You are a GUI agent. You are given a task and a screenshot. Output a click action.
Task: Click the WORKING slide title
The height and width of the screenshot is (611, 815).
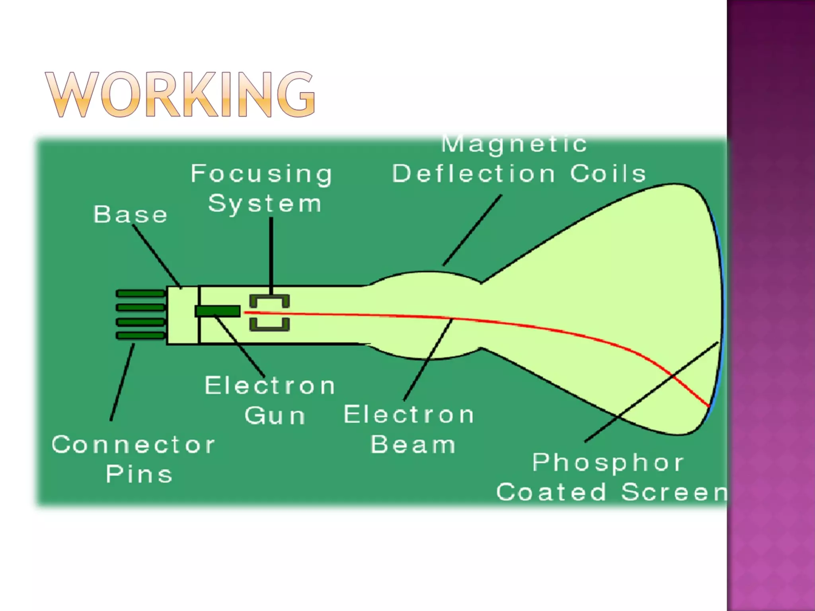point(180,95)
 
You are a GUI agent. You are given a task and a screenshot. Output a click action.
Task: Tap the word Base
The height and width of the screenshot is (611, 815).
point(130,215)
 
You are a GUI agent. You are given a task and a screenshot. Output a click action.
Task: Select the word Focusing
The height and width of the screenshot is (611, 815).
point(261,174)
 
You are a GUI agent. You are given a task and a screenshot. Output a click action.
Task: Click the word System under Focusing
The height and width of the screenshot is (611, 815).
point(265,204)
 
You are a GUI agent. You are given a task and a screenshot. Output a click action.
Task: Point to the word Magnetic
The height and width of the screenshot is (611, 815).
point(514,144)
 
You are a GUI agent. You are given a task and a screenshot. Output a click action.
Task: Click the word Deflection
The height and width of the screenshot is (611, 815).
point(474,174)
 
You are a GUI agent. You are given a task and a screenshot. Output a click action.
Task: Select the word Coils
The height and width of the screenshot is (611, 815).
point(608,174)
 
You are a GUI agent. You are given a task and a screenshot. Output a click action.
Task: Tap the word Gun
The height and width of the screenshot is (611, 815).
point(275,416)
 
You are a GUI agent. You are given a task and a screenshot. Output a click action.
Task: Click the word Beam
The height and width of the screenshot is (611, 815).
point(413,445)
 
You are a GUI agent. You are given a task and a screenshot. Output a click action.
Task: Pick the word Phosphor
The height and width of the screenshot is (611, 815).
point(608,463)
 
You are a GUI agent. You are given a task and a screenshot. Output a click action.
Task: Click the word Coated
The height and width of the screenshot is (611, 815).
point(551,492)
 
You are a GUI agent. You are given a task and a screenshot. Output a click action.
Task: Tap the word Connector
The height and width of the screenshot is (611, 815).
point(133,445)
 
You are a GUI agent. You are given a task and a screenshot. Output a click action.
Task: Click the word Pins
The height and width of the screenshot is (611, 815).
point(139,474)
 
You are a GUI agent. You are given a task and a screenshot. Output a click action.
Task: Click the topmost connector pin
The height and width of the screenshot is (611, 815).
point(140,294)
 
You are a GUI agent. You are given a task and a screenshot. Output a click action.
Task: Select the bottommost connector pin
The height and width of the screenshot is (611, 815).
point(140,336)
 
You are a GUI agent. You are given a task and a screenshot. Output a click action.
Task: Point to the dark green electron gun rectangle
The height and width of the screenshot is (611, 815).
point(218,311)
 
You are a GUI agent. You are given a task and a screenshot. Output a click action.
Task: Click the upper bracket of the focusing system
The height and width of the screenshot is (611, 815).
point(269,300)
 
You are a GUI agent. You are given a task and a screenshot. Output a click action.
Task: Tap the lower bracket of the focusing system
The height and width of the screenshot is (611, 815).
point(269,325)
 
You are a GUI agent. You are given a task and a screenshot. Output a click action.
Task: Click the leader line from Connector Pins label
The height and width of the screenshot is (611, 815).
point(122,382)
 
